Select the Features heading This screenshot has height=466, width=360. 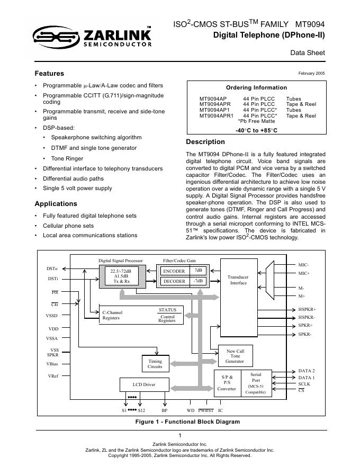tap(49, 74)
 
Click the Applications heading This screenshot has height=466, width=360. tap(56, 204)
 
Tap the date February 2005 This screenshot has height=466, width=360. tap(312, 74)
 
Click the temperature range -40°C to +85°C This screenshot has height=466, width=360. tap(256, 130)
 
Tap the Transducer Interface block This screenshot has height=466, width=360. tap(238, 280)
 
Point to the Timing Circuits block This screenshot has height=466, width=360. tap(155, 364)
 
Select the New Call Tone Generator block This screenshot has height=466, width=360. tap(235, 356)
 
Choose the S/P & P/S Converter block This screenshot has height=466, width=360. tap(227, 382)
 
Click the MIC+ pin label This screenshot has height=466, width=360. tap(304, 273)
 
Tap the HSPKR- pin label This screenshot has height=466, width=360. tap(307, 317)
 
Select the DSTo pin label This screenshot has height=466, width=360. tap(52, 269)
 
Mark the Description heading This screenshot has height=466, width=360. tap(205, 142)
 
